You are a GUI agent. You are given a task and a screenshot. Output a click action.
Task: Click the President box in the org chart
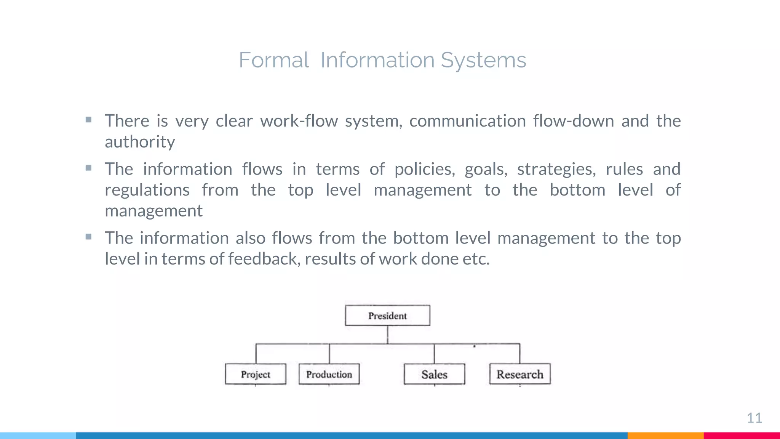tap(387, 316)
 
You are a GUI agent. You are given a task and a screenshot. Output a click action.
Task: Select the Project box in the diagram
tap(256, 374)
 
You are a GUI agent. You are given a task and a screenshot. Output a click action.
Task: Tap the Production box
tap(329, 374)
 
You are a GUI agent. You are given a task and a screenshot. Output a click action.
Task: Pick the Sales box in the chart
tap(434, 374)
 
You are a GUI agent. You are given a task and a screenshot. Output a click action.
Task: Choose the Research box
tap(520, 374)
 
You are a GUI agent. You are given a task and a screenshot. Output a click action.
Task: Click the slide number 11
tap(754, 418)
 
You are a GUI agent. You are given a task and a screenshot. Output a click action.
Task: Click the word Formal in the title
tap(273, 60)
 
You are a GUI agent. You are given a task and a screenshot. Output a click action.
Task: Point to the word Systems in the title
tap(483, 60)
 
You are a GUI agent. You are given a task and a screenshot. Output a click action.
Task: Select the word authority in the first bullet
tap(140, 142)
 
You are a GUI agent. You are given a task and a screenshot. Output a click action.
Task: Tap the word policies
tap(425, 169)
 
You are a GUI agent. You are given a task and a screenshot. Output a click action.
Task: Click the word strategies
tap(556, 169)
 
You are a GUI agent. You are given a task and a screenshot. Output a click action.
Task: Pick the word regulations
tap(147, 190)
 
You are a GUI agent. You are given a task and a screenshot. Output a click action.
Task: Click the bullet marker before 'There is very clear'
tap(88, 120)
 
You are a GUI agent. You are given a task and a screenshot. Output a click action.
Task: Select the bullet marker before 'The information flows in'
tap(88, 168)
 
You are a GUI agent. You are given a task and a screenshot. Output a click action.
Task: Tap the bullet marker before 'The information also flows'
tap(88, 237)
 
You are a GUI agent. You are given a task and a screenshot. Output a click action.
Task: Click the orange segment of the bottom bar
tap(665, 436)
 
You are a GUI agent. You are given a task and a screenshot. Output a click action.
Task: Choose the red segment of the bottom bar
tap(742, 436)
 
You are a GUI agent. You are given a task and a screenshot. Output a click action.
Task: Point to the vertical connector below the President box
tap(387, 335)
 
